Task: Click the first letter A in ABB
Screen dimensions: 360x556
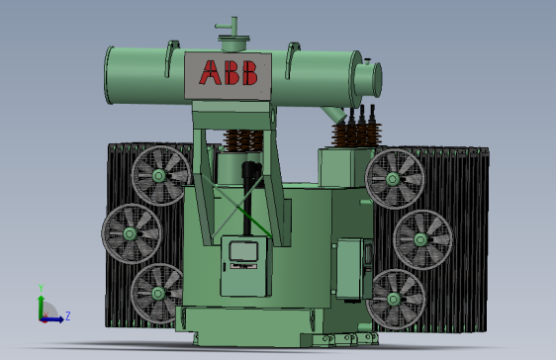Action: click(x=212, y=73)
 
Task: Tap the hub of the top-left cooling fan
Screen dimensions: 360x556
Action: click(x=158, y=177)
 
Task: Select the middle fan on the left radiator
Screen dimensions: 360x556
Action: click(x=130, y=234)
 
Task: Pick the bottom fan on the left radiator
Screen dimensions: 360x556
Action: click(x=158, y=293)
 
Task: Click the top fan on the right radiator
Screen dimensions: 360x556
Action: click(x=394, y=179)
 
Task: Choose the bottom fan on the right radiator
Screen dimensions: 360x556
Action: click(x=396, y=297)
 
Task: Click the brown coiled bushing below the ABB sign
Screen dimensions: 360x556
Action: click(x=243, y=141)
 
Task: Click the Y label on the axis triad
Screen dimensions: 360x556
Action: click(x=41, y=289)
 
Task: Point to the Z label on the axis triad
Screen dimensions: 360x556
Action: click(x=66, y=316)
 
